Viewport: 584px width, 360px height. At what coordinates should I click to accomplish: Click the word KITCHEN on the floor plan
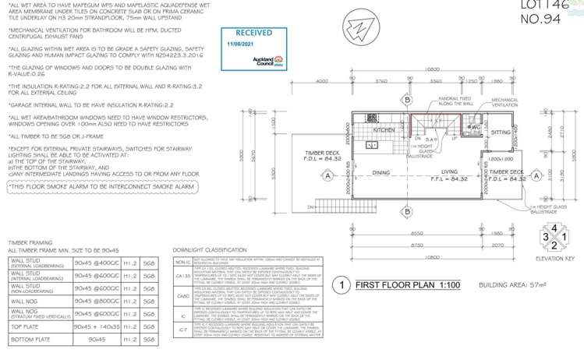384,131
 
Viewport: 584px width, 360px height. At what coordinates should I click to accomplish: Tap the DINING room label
381,173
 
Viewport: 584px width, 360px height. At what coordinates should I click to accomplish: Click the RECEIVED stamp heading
254,34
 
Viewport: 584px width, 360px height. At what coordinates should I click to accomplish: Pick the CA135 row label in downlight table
181,274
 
